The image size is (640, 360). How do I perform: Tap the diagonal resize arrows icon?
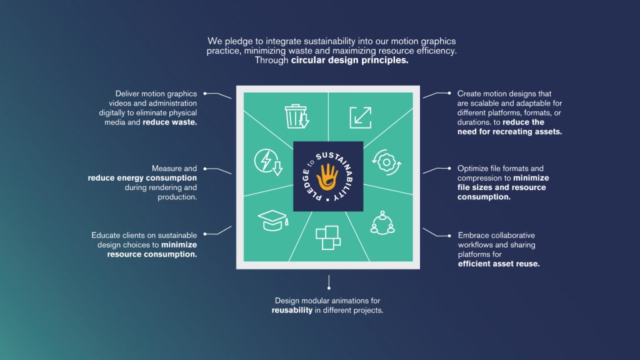(x=360, y=117)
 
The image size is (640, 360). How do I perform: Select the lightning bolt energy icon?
(x=264, y=162)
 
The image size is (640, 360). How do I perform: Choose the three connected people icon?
(x=381, y=222)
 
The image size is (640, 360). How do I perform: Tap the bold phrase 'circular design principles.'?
(x=349, y=61)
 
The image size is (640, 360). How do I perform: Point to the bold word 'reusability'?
(x=292, y=311)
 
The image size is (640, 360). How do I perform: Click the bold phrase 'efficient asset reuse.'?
(x=498, y=264)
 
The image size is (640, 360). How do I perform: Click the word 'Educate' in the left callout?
(x=106, y=236)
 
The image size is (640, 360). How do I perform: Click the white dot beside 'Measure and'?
(x=206, y=169)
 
